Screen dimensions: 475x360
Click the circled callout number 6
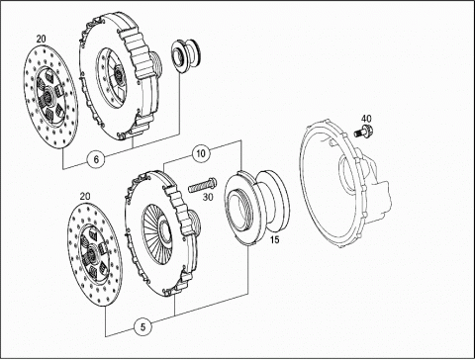96,159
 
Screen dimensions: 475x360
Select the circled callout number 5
142,327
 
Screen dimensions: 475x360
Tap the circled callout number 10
201,153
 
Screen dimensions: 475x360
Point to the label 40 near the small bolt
366,119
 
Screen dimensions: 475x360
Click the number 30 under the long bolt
208,197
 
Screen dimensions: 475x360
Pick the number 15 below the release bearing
274,239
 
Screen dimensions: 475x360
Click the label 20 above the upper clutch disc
41,39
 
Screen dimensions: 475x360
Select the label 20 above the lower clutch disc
85,196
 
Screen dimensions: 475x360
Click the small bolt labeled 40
364,131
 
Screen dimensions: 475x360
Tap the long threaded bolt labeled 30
203,186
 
